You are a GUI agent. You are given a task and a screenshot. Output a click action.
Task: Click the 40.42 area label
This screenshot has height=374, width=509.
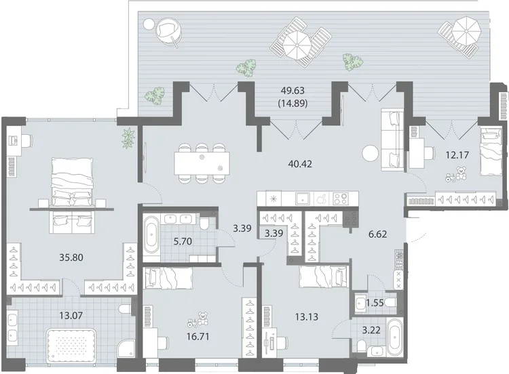[x=300, y=164]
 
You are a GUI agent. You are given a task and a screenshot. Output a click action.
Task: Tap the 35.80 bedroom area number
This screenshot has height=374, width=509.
[x=71, y=257]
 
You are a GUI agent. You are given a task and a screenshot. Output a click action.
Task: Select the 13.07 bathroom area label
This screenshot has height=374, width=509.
[x=71, y=315]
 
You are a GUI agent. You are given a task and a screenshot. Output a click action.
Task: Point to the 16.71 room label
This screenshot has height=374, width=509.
[x=197, y=337]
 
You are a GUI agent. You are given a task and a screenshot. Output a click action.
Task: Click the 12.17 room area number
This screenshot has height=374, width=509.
[x=457, y=155]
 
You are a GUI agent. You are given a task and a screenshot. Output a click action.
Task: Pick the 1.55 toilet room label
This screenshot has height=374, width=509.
[x=375, y=303]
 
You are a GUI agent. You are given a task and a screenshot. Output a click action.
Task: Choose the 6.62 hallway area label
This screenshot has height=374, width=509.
[x=378, y=234]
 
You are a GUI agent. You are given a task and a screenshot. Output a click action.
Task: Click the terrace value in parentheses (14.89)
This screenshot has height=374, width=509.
[x=293, y=104]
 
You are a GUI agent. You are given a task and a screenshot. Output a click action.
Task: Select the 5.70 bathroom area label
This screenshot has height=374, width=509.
[x=183, y=241]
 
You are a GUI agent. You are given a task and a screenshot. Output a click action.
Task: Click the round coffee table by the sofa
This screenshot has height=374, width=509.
[x=371, y=152]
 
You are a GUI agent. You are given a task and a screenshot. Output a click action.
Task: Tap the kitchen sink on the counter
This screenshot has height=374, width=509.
[x=303, y=199]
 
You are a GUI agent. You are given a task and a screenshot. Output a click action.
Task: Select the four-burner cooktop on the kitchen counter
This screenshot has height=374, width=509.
[x=341, y=199]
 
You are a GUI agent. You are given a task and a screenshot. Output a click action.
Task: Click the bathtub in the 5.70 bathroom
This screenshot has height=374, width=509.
[x=151, y=236]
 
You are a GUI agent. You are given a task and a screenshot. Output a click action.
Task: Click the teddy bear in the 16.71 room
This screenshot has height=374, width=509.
[x=203, y=318]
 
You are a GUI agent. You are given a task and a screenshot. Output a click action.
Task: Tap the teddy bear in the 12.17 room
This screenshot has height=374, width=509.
[x=461, y=173]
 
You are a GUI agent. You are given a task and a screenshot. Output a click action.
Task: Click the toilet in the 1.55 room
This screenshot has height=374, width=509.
[x=391, y=304]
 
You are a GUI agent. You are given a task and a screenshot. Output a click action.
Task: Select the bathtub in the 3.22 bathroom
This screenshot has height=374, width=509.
[x=395, y=337]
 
